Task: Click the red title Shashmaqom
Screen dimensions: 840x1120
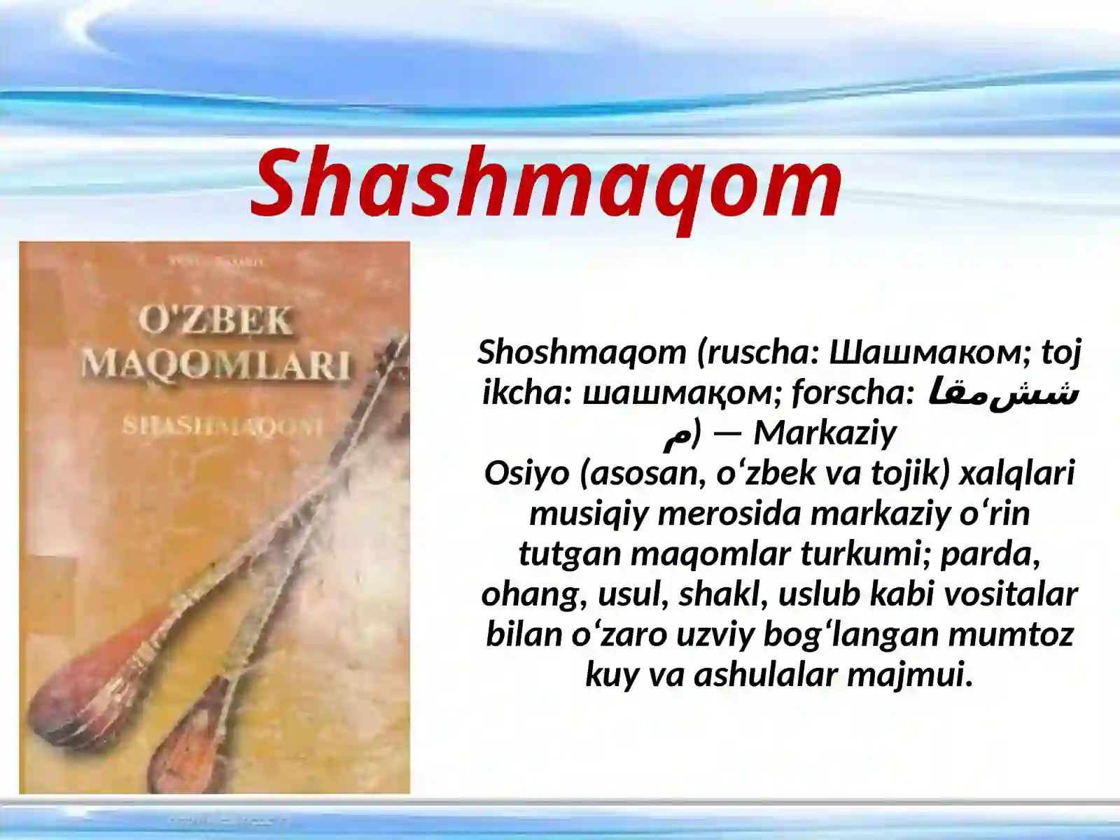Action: pos(547,183)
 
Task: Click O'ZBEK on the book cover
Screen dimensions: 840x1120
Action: pos(215,321)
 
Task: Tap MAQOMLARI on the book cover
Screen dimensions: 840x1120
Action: pos(216,364)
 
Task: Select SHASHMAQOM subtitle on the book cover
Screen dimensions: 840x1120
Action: pos(222,426)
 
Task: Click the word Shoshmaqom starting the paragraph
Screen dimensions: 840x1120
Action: pos(582,351)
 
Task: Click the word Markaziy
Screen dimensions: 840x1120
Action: pos(825,433)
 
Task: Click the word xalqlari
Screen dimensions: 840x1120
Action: pos(1016,473)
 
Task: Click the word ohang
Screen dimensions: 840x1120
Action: pos(533,594)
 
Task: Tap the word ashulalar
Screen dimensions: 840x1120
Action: pos(766,675)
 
